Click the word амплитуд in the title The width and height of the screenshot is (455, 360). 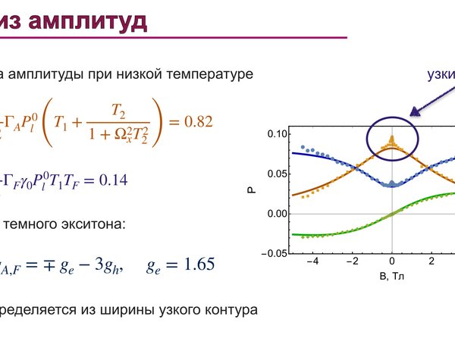point(88,21)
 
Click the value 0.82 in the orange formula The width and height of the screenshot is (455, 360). point(199,121)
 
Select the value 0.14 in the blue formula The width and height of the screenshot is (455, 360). point(114,180)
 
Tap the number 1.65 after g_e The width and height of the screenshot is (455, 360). point(199,264)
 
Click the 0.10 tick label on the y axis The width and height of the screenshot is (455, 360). point(277,134)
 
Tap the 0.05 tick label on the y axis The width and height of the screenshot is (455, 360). point(277,174)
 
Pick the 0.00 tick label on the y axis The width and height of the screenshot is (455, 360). point(277,214)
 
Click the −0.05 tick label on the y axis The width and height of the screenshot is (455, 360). point(275,254)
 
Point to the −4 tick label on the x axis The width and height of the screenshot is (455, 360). point(312,261)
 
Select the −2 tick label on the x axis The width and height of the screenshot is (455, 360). point(353,261)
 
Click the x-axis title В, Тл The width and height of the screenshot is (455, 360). point(392,276)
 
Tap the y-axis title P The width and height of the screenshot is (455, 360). point(252,190)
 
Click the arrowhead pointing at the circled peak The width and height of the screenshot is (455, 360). point(415,112)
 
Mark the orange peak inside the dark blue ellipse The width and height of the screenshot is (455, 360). point(392,137)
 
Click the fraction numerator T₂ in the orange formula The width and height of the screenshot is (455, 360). point(118,111)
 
